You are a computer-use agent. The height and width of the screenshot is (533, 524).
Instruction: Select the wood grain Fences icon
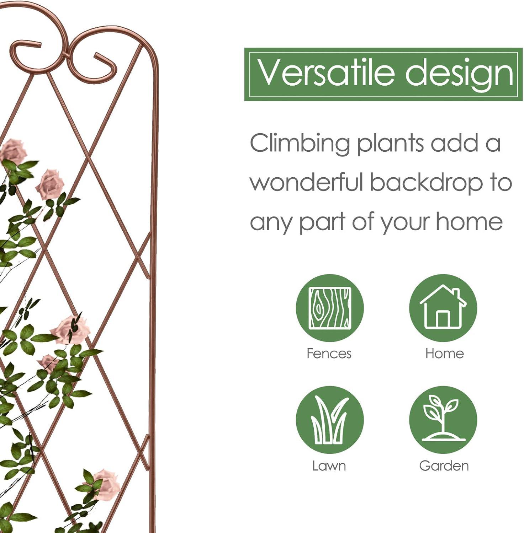(x=330, y=308)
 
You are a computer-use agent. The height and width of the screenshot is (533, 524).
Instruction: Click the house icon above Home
(x=443, y=308)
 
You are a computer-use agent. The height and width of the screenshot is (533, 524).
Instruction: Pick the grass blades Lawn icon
(x=330, y=420)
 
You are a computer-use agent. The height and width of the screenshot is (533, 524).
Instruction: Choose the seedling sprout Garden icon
(x=443, y=420)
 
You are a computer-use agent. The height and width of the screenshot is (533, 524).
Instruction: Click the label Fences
(x=329, y=354)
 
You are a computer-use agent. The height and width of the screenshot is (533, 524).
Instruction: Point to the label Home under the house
(x=445, y=354)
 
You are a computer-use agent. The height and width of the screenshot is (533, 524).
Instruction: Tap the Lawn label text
(x=329, y=466)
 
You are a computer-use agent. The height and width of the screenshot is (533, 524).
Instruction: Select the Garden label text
(x=444, y=466)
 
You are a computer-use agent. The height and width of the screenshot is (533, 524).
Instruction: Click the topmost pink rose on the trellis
(x=13, y=151)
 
